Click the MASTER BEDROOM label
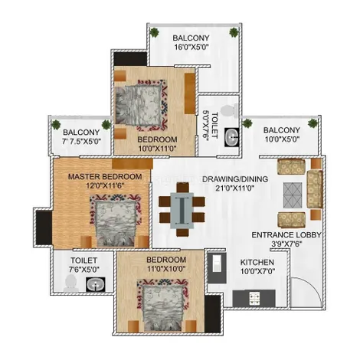pyautogui.click(x=105, y=177)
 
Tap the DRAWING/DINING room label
pyautogui.click(x=235, y=179)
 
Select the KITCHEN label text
pyautogui.click(x=257, y=262)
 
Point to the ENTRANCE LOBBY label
pyautogui.click(x=286, y=235)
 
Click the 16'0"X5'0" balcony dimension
pyautogui.click(x=191, y=47)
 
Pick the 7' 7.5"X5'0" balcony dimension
pyautogui.click(x=82, y=141)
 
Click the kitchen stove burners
pyautogui.click(x=254, y=299)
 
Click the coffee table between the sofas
pyautogui.click(x=293, y=195)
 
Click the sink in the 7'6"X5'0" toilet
pyautogui.click(x=96, y=284)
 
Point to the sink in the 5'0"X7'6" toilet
pyautogui.click(x=232, y=137)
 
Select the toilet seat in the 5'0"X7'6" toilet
pyautogui.click(x=230, y=111)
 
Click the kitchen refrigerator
pyautogui.click(x=217, y=267)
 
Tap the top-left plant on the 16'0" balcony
pyautogui.click(x=154, y=32)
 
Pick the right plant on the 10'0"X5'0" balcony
pyautogui.click(x=313, y=123)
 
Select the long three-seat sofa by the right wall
pyautogui.click(x=315, y=189)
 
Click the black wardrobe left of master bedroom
pyautogui.click(x=44, y=227)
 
